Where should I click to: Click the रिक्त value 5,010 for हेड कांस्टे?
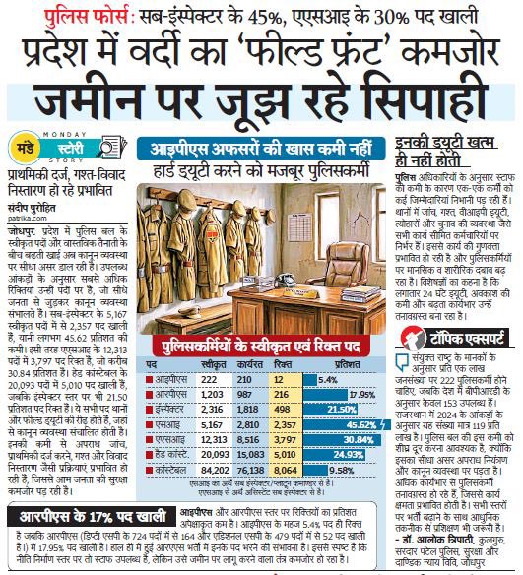click(x=286, y=456)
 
